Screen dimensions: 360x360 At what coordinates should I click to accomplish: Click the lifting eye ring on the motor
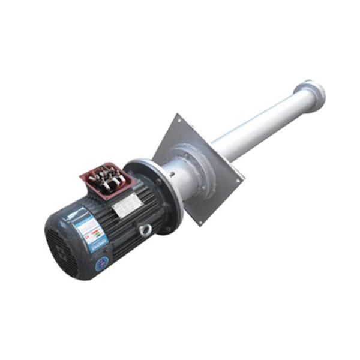(x=144, y=229)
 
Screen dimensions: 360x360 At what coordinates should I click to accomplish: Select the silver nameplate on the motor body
(x=127, y=206)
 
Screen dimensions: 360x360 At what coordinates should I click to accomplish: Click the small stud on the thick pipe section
(x=172, y=175)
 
